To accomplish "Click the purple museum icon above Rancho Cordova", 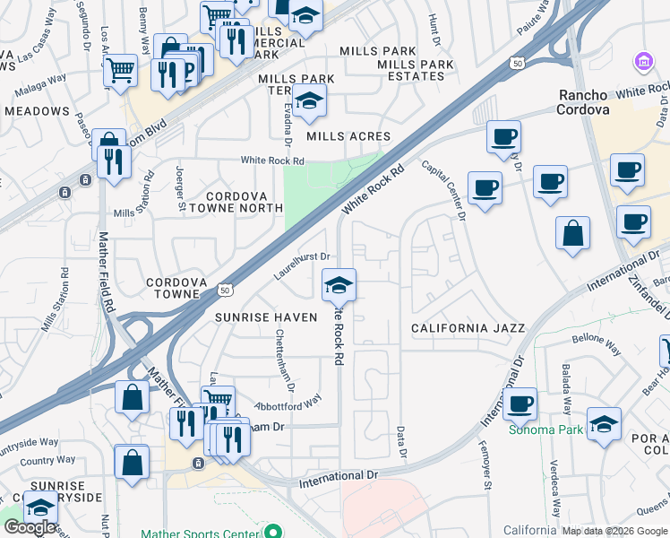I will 643,62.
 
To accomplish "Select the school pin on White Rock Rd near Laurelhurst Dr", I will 339,286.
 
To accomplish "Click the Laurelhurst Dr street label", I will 304,265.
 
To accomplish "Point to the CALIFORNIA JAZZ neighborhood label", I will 468,329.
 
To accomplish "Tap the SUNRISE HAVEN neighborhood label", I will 266,317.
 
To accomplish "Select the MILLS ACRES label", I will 348,136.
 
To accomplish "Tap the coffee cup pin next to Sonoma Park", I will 520,404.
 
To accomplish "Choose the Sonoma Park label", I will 546,430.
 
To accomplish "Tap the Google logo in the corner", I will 30,526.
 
